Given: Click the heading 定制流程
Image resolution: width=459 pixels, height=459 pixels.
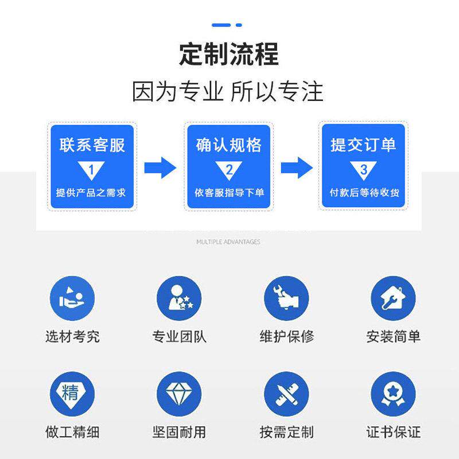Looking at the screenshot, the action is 229,55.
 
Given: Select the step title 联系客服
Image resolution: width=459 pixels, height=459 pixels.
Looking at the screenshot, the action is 92,145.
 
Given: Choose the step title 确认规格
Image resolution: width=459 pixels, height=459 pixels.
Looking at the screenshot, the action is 228,145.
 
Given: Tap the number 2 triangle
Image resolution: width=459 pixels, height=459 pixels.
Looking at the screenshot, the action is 228,170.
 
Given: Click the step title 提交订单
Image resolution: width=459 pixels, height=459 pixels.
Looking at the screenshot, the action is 363,145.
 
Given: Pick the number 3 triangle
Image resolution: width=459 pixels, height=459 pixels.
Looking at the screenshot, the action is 363,170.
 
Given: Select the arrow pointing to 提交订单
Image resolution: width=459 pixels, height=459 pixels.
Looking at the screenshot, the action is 296,168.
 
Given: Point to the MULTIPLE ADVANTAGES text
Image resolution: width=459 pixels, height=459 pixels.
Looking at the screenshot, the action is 228,242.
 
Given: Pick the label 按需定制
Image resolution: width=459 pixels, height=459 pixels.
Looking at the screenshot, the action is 286,431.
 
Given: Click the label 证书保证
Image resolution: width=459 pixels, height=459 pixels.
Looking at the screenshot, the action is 393,431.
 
